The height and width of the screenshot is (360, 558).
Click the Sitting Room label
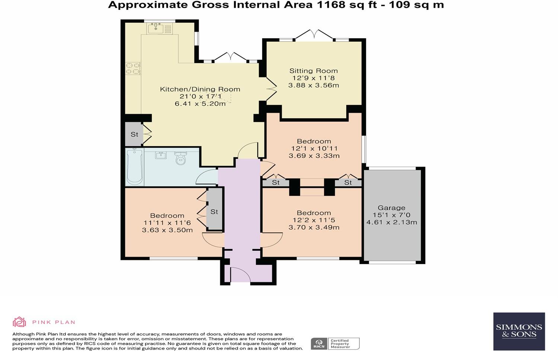(313, 71)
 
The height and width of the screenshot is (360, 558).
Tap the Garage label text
(391, 208)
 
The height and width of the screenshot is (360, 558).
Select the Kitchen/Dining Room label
(200, 89)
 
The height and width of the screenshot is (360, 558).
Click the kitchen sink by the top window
(156, 28)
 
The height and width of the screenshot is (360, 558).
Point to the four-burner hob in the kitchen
(133, 69)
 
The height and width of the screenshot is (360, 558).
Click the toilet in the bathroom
(180, 158)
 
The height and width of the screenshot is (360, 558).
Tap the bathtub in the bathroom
(135, 167)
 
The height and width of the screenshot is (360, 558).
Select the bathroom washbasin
(161, 155)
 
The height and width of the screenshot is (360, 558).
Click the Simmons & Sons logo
(519, 331)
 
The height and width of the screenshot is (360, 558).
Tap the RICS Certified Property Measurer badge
(335, 344)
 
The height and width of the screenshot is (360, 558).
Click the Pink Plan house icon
(19, 322)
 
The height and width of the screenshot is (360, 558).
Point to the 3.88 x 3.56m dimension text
(314, 86)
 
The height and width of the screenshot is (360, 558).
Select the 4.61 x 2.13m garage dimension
(392, 222)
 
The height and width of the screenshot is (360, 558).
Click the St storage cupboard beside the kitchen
(134, 134)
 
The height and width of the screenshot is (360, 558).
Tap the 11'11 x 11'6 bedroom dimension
(167, 223)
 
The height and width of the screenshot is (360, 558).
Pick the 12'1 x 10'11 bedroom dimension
(314, 149)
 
